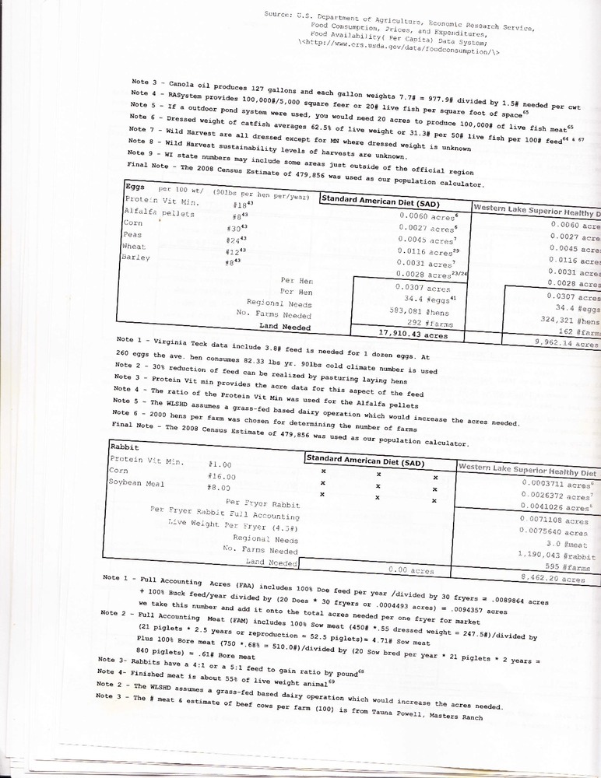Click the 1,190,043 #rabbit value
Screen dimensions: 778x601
pos(556,554)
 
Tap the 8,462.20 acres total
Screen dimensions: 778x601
pos(557,579)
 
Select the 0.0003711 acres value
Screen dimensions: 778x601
pos(558,483)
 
